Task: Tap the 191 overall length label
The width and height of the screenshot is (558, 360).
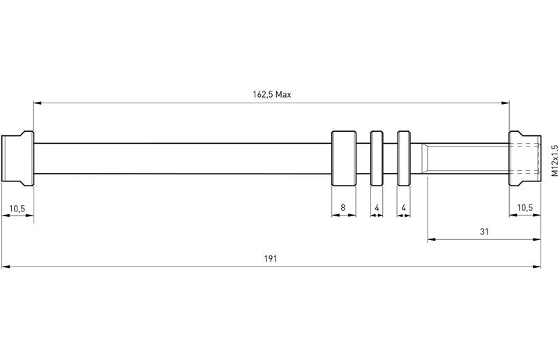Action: pyautogui.click(x=271, y=258)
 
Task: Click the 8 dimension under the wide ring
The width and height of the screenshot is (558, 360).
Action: pyautogui.click(x=342, y=207)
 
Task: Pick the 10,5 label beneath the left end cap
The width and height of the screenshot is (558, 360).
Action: pyautogui.click(x=16, y=207)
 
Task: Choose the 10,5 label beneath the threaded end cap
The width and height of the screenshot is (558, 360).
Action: pyautogui.click(x=525, y=207)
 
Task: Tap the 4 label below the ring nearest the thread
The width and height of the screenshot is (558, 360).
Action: pyautogui.click(x=404, y=207)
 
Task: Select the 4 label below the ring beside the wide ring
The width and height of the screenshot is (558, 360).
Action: pyautogui.click(x=377, y=207)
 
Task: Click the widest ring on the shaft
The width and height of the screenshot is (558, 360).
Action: pyautogui.click(x=342, y=158)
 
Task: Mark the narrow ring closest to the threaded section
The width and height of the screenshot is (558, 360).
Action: pyautogui.click(x=404, y=158)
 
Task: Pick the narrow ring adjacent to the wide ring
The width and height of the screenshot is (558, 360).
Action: pyautogui.click(x=377, y=158)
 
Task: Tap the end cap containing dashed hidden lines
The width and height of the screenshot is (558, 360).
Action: pyautogui.click(x=525, y=158)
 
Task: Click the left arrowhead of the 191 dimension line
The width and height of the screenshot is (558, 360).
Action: pyautogui.click(x=5, y=266)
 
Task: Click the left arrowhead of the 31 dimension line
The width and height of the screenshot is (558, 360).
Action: pyautogui.click(x=430, y=240)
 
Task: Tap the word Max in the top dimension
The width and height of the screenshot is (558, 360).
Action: pyautogui.click(x=282, y=94)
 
